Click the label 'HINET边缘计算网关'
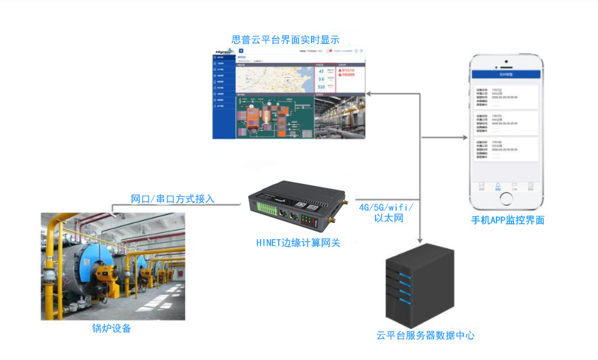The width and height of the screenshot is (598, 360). pyautogui.click(x=298, y=243)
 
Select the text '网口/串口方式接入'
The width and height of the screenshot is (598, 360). pyautogui.click(x=172, y=199)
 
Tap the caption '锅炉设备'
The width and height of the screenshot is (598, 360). pyautogui.click(x=112, y=328)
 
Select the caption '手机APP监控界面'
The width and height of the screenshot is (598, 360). pyautogui.click(x=508, y=220)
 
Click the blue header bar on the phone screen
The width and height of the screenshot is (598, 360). pyautogui.click(x=508, y=74)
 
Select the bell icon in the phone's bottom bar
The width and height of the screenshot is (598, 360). pyautogui.click(x=498, y=185)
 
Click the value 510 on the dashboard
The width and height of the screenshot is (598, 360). pyautogui.click(x=322, y=87)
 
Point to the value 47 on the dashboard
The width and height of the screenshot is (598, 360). pyautogui.click(x=322, y=71)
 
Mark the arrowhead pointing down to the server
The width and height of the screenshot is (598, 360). pyautogui.click(x=421, y=240)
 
